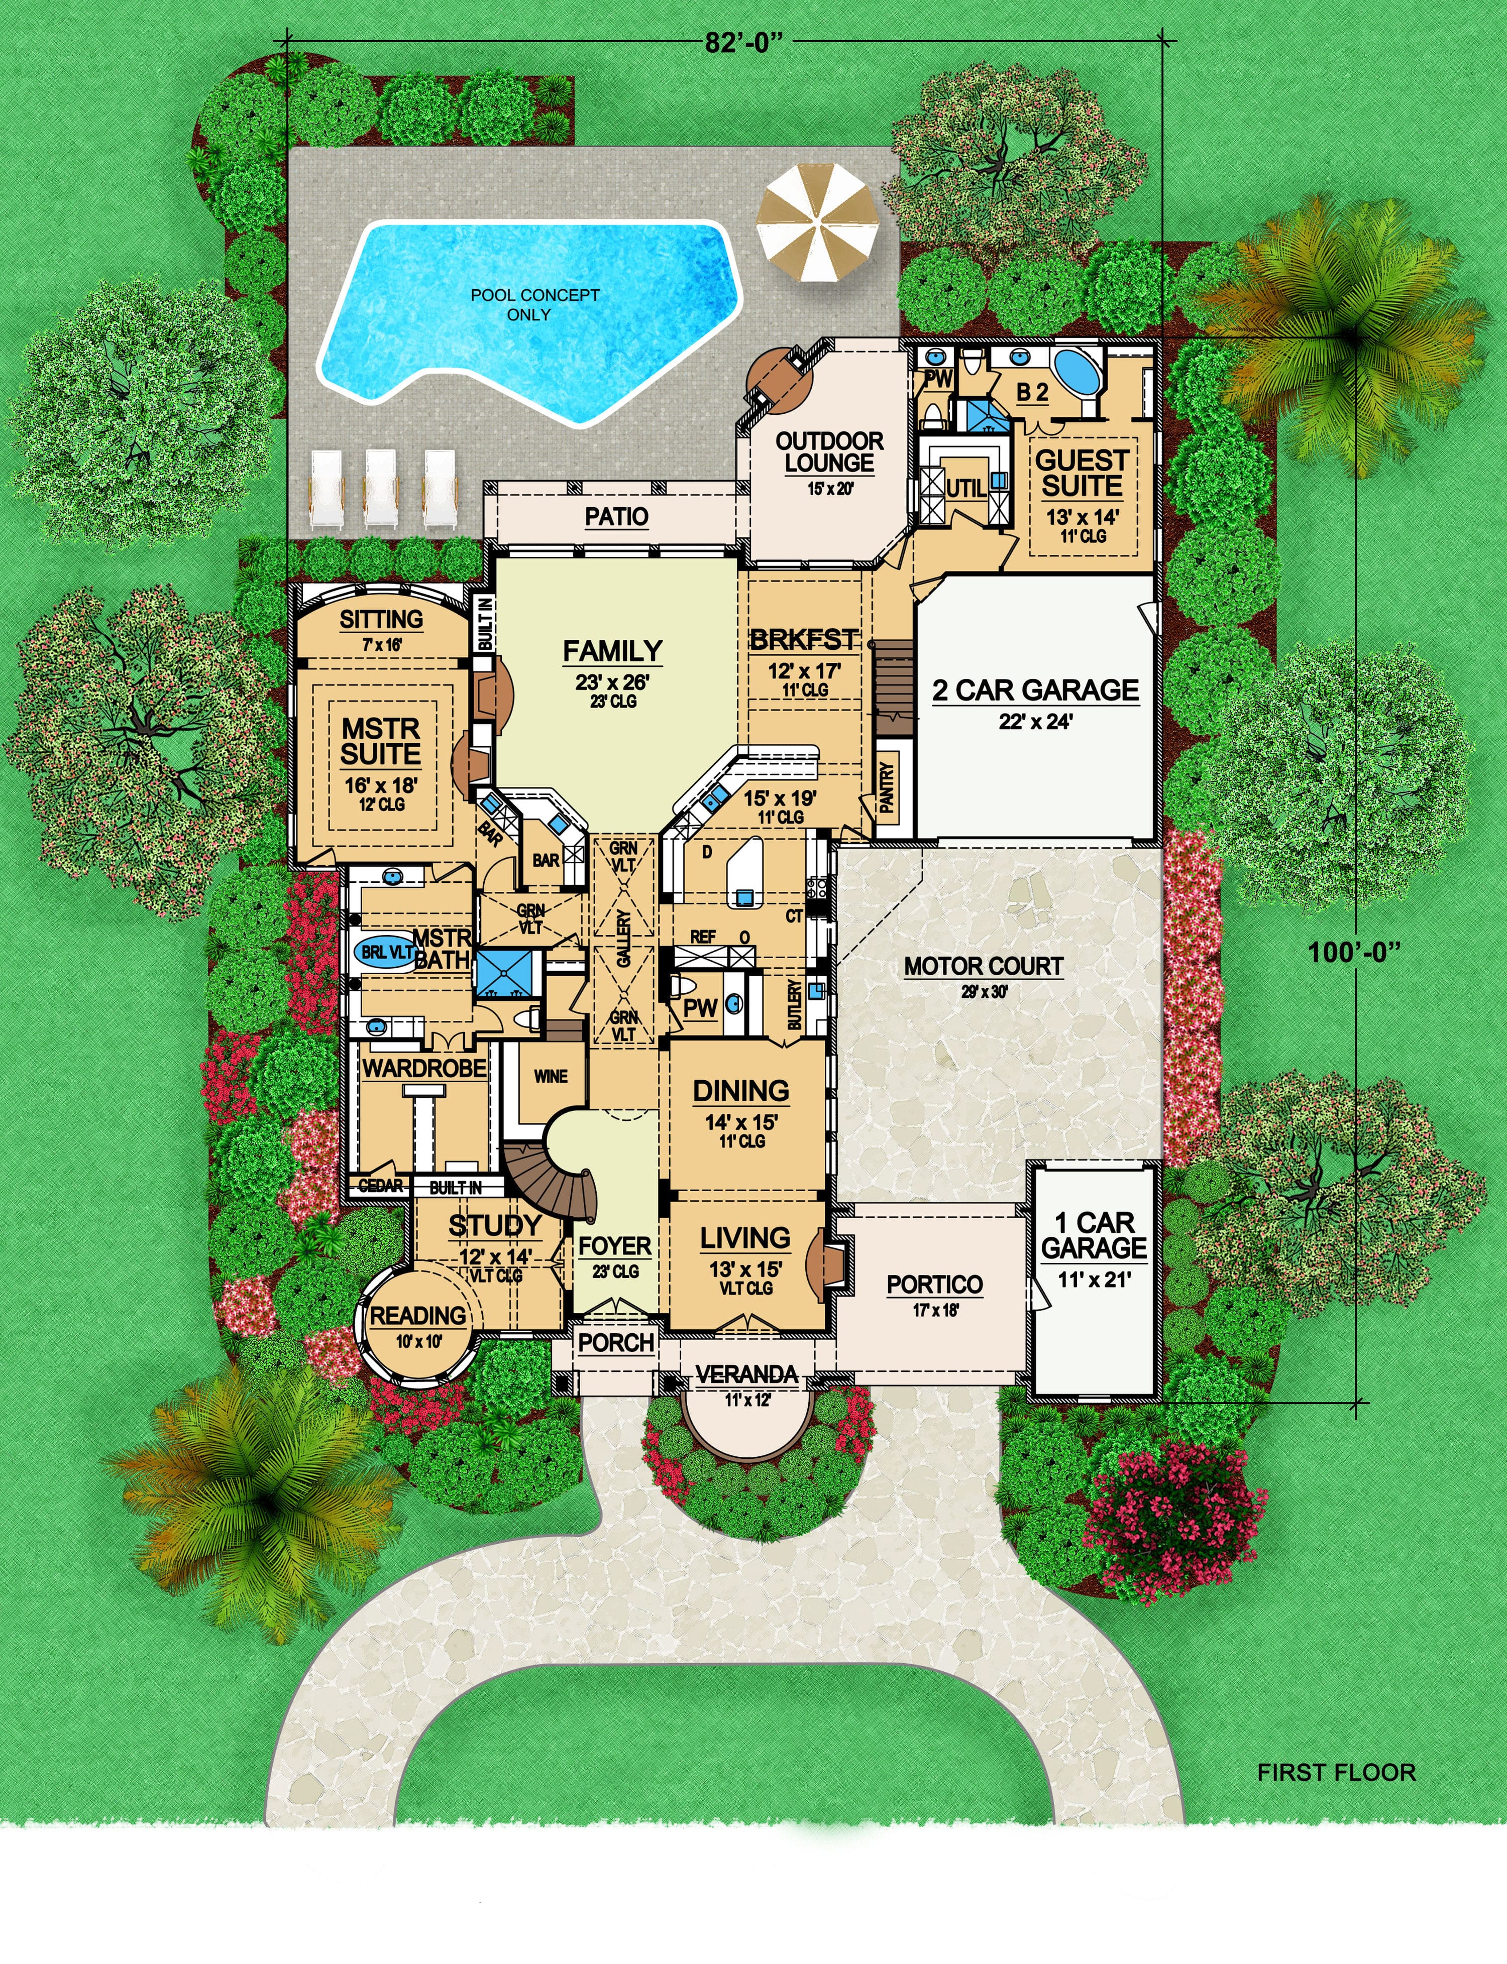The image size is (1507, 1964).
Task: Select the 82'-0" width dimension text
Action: click(737, 43)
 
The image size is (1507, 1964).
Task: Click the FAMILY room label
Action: click(613, 650)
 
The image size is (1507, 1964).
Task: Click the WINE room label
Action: click(550, 1076)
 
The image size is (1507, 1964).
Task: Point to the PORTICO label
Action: click(935, 1284)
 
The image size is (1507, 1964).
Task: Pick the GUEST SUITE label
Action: click(1082, 474)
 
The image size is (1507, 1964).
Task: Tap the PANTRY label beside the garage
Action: click(887, 787)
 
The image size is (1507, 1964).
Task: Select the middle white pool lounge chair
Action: click(380, 487)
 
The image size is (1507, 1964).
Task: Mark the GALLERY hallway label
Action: click(624, 938)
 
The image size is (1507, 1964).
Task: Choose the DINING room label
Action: click(741, 1091)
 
